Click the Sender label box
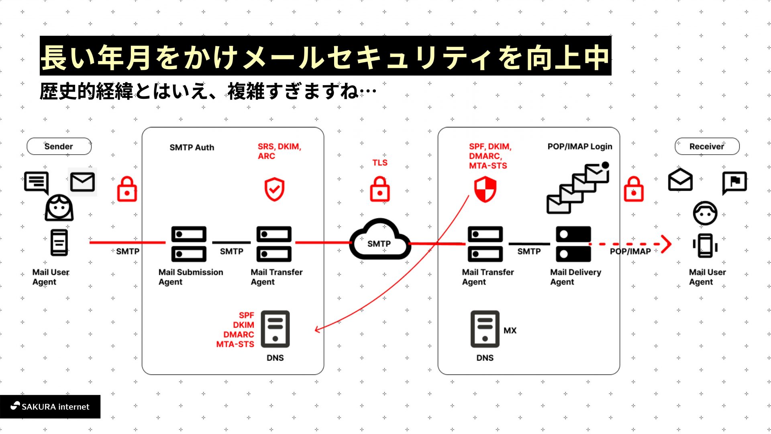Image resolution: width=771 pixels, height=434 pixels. tap(59, 146)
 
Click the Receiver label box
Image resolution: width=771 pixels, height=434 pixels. tap(707, 146)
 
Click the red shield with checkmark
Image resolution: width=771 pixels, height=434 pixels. tap(274, 189)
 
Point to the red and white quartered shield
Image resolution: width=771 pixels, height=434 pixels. tap(485, 190)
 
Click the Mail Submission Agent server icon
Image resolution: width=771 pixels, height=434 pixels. tap(189, 244)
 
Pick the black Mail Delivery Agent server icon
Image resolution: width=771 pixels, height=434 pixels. tap(573, 244)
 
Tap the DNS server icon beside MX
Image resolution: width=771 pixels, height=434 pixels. tap(485, 329)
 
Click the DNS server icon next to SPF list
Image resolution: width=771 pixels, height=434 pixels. tap(275, 329)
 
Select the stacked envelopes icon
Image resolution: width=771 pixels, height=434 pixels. tap(578, 188)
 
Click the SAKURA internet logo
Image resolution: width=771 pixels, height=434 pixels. tap(50, 407)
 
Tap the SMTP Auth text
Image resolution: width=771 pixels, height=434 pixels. tap(192, 147)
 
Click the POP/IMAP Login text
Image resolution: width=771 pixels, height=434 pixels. tap(579, 147)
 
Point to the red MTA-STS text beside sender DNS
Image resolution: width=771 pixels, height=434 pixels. tap(235, 344)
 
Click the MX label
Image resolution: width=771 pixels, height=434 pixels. tap(510, 330)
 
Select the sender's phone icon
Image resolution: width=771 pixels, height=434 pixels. tap(59, 242)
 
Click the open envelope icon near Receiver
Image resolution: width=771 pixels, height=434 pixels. tap(680, 180)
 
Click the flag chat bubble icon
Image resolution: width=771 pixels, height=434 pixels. tap(734, 182)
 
